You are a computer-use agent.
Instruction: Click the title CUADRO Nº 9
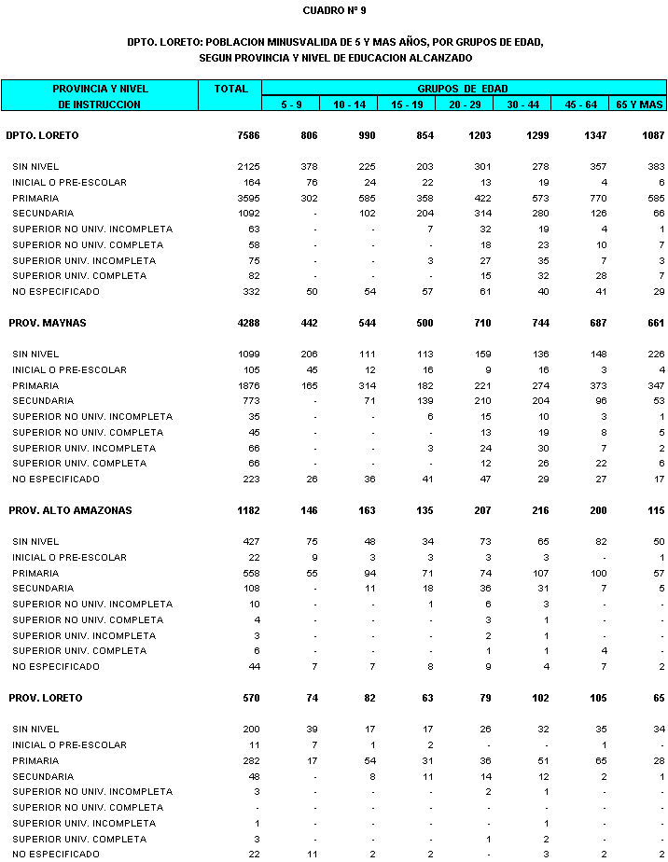tap(334, 10)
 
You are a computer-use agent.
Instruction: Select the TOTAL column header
tap(230, 89)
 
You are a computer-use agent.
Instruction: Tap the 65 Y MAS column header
tap(639, 104)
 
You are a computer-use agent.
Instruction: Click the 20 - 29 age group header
tap(463, 104)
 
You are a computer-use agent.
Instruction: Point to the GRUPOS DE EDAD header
tap(463, 89)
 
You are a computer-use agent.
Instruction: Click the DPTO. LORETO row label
tap(42, 135)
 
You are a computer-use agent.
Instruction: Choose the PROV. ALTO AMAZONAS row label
tap(70, 510)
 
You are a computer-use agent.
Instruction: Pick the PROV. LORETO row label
tap(46, 698)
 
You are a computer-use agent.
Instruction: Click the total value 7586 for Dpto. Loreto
tap(248, 135)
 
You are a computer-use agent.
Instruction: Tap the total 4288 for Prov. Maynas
tap(248, 323)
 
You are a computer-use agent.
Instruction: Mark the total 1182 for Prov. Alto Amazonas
tap(248, 510)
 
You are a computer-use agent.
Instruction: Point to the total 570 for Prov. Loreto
tap(251, 698)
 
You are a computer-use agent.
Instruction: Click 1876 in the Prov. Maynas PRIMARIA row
tap(249, 385)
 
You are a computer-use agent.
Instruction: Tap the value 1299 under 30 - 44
tap(524, 135)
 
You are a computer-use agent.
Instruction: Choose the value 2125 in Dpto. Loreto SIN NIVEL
tap(249, 166)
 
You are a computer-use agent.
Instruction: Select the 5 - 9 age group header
tap(291, 104)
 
